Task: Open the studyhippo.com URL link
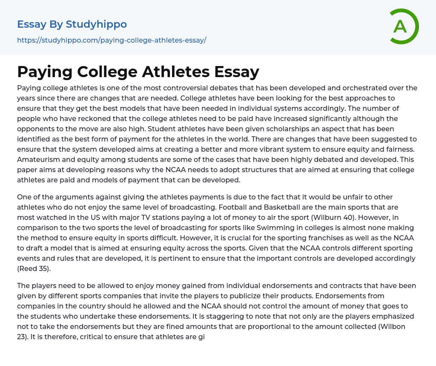(112, 40)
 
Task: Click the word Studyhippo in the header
(96, 24)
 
